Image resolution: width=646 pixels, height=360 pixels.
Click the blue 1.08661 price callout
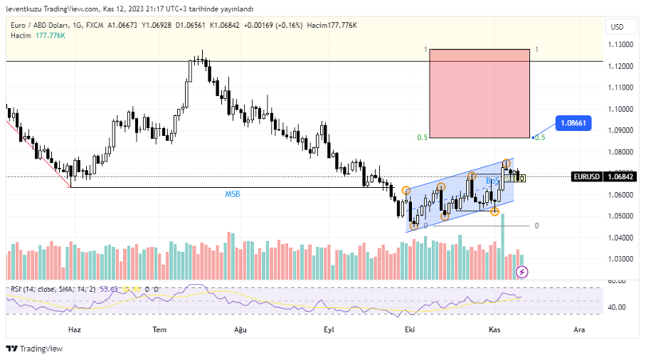click(x=573, y=123)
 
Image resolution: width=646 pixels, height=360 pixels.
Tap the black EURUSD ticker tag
click(x=586, y=176)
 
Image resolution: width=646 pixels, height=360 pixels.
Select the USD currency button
click(x=617, y=27)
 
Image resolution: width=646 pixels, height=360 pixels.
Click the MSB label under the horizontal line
click(x=233, y=194)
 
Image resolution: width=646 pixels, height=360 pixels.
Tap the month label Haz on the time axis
click(x=74, y=330)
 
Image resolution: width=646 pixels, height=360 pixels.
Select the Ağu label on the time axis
click(x=240, y=330)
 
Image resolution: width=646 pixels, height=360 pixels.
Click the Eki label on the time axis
click(x=409, y=330)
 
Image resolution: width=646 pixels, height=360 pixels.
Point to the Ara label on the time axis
click(x=579, y=330)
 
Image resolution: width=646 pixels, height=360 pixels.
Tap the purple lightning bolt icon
click(x=522, y=272)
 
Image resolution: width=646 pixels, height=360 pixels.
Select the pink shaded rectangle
click(x=480, y=93)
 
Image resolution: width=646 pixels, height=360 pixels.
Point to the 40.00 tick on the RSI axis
click(x=616, y=307)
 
